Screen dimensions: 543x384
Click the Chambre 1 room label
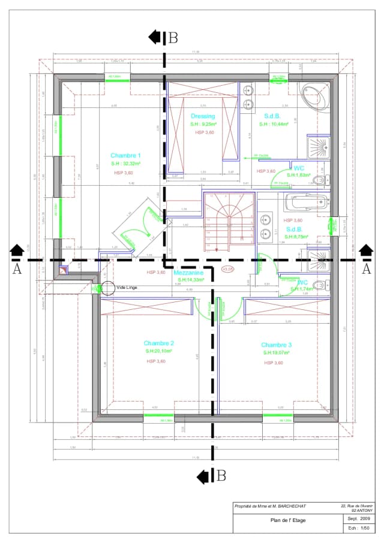point(125,155)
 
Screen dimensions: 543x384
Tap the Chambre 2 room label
point(159,343)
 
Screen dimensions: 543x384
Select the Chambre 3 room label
point(277,345)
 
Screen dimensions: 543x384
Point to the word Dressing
point(203,116)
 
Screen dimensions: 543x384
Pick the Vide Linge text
point(128,287)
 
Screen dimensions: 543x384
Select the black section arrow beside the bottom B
point(205,476)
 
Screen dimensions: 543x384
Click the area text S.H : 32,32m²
point(125,164)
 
